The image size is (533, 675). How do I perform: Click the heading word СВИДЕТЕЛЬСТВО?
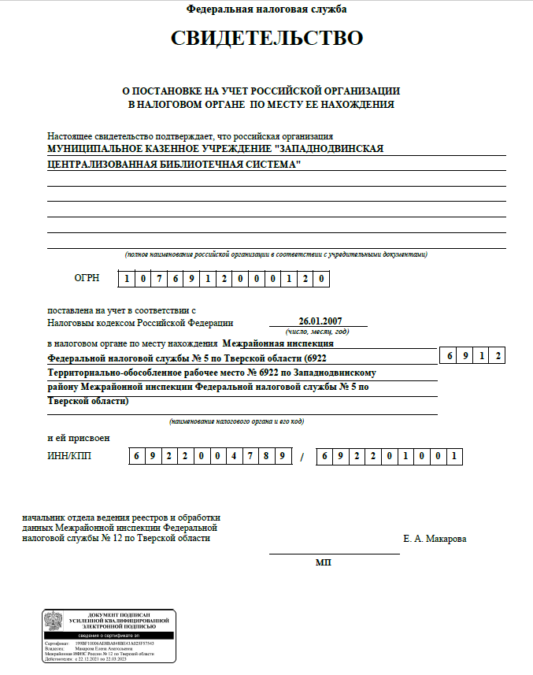point(267,39)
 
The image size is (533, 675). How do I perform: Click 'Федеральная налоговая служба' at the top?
point(266,9)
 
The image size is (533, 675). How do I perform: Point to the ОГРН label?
point(87,279)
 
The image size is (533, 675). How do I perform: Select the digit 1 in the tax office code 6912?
point(483,356)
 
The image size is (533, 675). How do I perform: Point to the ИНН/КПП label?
point(69,456)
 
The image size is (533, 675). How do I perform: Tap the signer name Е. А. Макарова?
point(434,539)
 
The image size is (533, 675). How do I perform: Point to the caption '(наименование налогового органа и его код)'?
point(236,421)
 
